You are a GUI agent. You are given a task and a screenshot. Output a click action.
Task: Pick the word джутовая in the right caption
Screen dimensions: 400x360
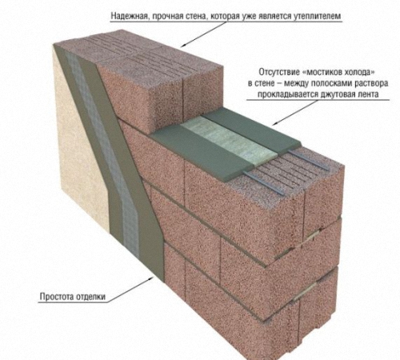tap(331, 94)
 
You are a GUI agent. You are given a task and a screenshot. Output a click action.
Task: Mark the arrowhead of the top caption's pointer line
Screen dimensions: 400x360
tap(184, 46)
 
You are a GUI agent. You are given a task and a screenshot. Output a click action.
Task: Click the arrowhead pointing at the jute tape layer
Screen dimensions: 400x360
tap(275, 123)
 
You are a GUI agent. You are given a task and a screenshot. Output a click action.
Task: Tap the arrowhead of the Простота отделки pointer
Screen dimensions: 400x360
tap(151, 278)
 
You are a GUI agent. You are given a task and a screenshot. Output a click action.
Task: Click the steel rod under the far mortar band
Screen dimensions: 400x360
tap(309, 159)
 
